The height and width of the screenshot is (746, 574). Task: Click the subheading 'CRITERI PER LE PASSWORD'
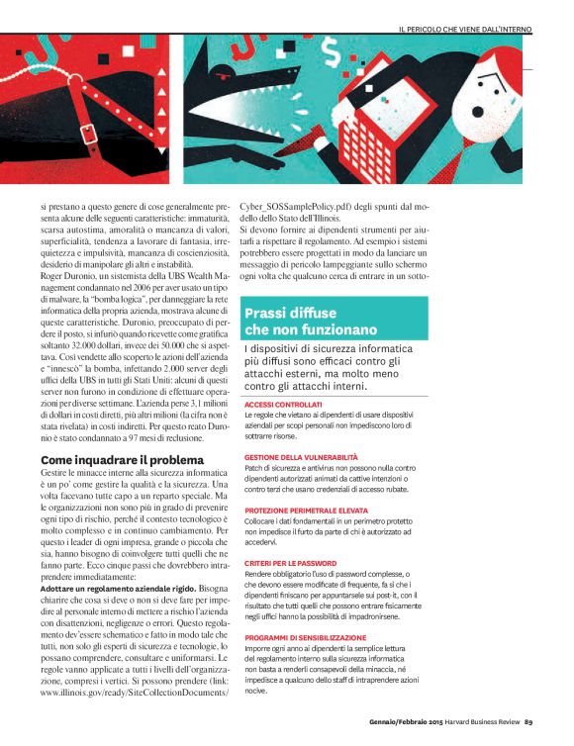(291, 563)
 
